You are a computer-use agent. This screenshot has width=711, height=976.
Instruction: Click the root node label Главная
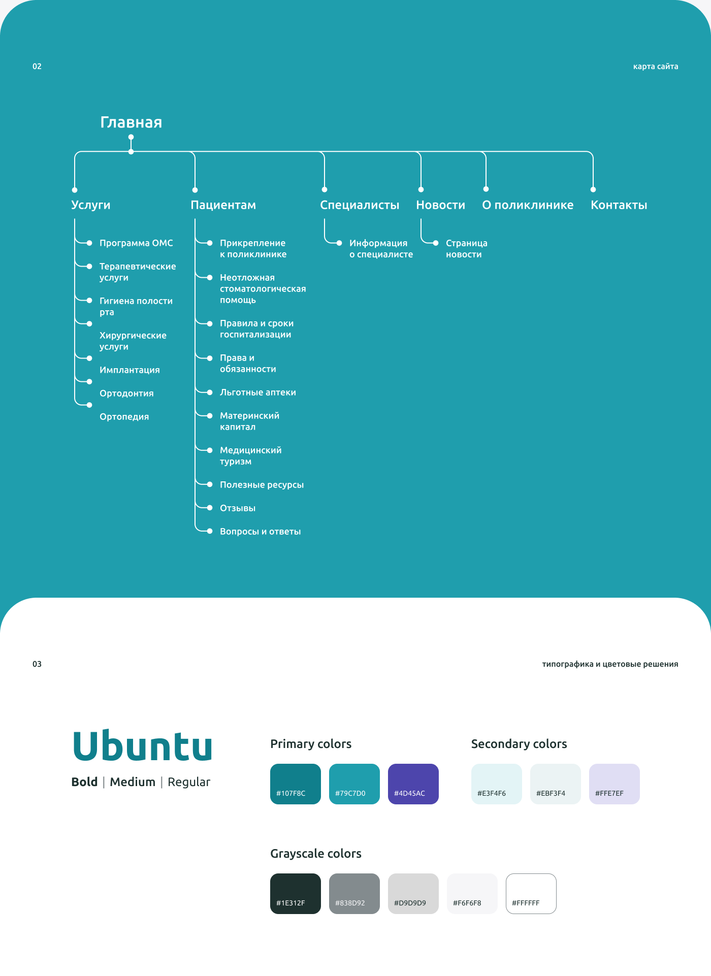tap(131, 122)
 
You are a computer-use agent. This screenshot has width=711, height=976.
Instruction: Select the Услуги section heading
tap(91, 205)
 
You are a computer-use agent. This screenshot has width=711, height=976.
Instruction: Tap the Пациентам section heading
tap(223, 205)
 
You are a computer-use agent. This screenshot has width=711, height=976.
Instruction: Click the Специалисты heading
tap(360, 205)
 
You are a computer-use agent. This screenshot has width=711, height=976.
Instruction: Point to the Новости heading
tap(440, 205)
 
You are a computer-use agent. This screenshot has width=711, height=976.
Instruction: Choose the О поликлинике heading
tap(528, 205)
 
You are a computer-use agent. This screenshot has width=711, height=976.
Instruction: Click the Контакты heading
tap(619, 205)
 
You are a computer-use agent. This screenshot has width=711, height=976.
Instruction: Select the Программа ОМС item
tap(136, 243)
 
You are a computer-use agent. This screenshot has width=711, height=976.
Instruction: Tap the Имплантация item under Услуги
tap(130, 370)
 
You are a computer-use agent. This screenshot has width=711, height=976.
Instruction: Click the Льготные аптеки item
tap(257, 393)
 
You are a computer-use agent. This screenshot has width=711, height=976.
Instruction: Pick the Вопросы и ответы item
tap(260, 532)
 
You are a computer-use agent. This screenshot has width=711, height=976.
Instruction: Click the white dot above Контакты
tap(593, 189)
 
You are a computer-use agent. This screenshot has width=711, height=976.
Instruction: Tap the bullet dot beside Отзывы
tap(210, 508)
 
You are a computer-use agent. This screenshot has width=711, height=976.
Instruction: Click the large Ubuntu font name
tap(143, 746)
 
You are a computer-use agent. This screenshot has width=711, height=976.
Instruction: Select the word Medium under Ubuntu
tap(133, 782)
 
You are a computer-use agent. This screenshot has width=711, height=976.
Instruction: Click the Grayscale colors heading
tap(316, 854)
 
